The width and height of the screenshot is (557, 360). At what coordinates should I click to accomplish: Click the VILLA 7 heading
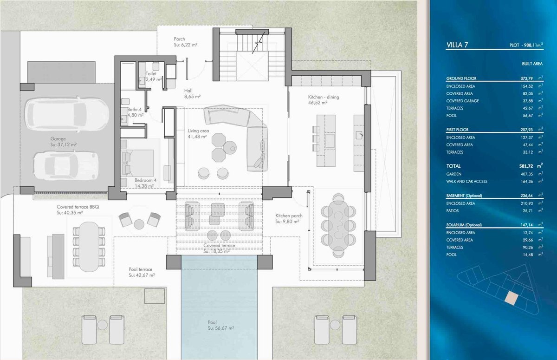457,45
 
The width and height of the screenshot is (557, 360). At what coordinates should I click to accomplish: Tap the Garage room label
58,139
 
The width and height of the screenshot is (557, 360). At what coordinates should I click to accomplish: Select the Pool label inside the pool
213,322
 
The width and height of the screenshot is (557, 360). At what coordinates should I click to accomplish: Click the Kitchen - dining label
324,97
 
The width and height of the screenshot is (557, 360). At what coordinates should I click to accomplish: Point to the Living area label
198,131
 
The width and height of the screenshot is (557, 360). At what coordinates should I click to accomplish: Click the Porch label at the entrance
179,39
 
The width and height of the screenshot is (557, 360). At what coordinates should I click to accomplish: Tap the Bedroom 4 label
145,180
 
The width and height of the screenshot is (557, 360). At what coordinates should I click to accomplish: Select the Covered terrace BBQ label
78,207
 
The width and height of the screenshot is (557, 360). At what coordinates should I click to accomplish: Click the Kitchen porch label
289,216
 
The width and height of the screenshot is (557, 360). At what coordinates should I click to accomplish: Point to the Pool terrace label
141,269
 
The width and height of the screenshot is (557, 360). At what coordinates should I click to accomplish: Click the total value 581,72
527,166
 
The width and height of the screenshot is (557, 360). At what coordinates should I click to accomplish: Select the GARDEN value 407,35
527,174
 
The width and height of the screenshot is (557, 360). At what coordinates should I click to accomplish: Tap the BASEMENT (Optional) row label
464,196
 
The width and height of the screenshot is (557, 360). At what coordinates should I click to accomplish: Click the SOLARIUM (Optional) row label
464,225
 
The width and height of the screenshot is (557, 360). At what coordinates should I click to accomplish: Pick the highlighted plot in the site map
511,298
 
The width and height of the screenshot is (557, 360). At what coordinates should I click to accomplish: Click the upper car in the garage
67,115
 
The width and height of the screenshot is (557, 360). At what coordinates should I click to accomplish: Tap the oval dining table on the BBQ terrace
89,247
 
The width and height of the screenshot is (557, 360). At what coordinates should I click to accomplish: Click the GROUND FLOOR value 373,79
527,79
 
